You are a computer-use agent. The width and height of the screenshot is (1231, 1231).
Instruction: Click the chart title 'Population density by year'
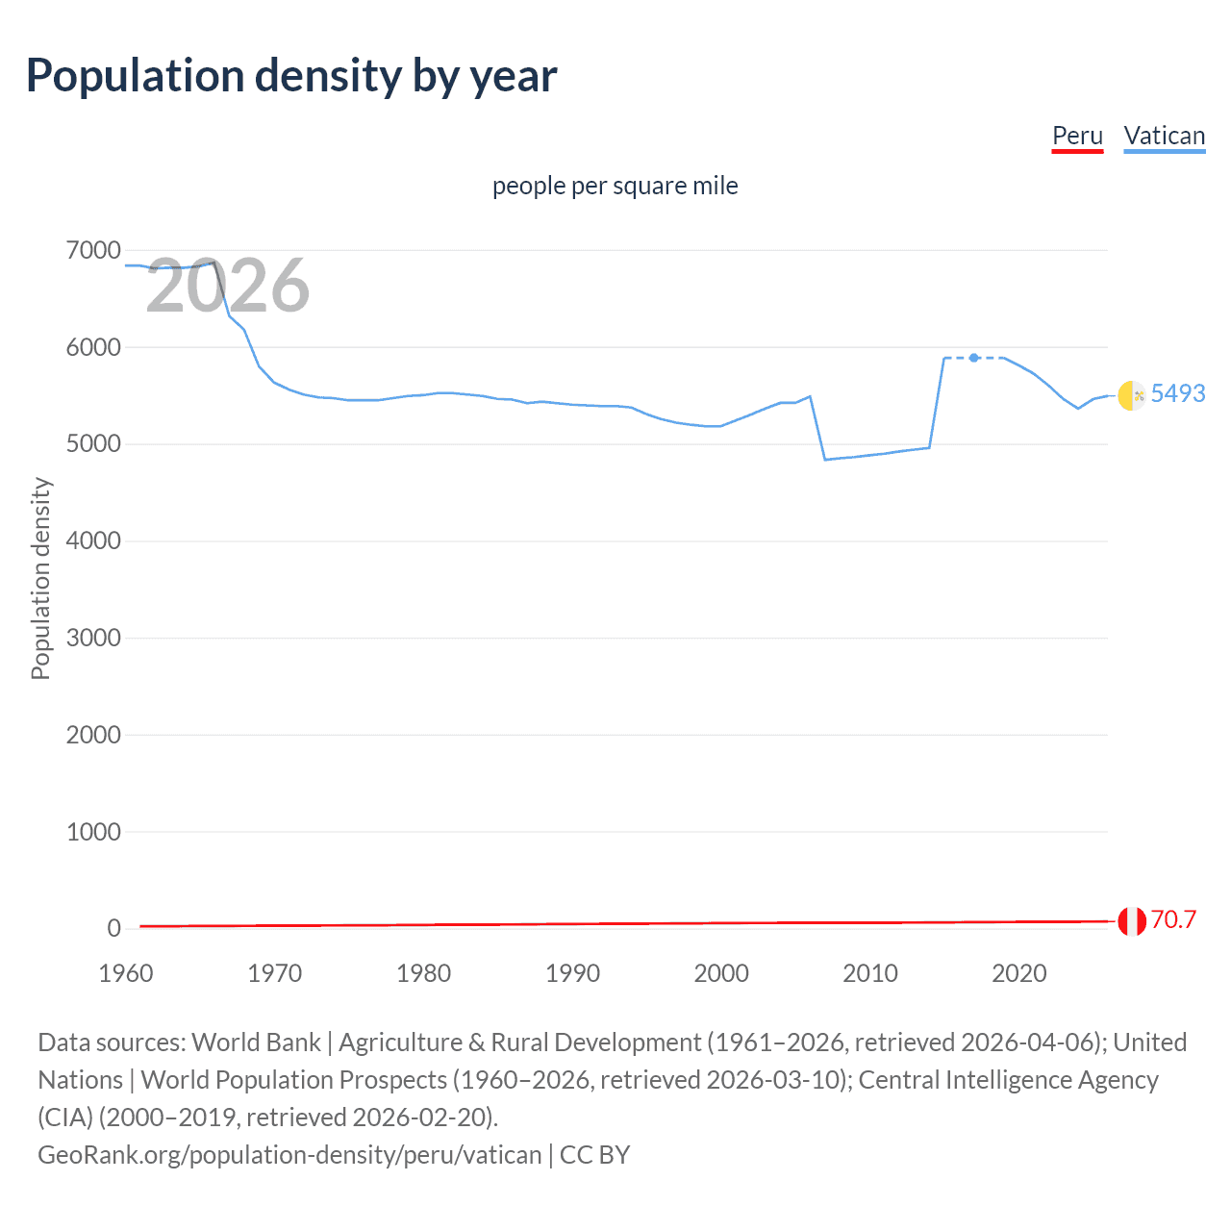coord(291,76)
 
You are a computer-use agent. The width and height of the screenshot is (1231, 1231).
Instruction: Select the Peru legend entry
coord(1077,136)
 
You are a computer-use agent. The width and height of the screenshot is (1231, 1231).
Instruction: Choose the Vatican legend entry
coord(1164,136)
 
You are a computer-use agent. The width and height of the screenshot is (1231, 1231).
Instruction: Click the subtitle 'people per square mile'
coord(615,186)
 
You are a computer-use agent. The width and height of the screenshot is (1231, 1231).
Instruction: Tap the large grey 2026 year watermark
coord(228,286)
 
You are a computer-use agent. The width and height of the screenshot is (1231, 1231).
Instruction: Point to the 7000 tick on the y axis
coord(93,251)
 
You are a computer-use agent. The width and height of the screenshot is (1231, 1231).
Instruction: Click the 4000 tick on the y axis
coord(93,541)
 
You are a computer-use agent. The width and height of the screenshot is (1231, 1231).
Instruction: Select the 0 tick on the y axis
coord(113,928)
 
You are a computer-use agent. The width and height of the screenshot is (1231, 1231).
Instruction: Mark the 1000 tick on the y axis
coord(93,832)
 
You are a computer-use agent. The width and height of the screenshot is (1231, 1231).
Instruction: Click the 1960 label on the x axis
coord(126,973)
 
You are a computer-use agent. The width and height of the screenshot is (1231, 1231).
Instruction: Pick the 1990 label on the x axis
coord(572,973)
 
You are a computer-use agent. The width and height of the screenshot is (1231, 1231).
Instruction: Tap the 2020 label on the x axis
coord(1018,973)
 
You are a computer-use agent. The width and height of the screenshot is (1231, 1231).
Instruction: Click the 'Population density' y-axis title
coord(40,579)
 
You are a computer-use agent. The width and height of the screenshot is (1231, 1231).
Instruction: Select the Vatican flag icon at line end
coord(1131,394)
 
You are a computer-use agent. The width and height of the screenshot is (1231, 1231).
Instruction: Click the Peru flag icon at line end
coord(1131,920)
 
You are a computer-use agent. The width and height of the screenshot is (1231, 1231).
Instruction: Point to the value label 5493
coord(1177,393)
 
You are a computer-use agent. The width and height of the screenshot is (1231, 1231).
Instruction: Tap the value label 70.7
coord(1173,919)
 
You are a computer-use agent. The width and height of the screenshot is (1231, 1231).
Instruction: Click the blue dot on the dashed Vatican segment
coord(974,358)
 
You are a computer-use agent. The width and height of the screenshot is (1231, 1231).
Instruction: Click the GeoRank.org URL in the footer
coord(289,1154)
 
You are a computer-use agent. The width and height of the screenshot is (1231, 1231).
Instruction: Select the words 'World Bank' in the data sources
coord(256,1043)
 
